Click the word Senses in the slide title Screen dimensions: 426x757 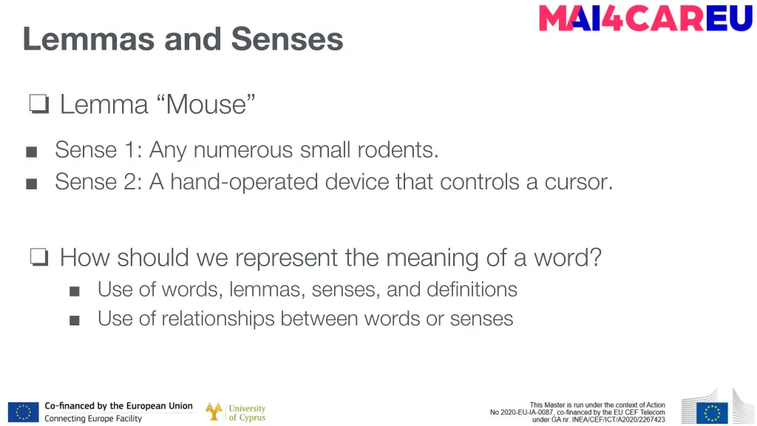click(x=287, y=38)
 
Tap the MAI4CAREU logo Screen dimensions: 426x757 click(x=645, y=18)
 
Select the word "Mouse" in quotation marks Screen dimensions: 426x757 click(x=206, y=104)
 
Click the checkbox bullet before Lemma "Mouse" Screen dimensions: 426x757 click(x=38, y=105)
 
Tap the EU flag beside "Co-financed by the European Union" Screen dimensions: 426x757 click(x=23, y=412)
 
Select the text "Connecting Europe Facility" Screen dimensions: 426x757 click(x=93, y=419)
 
